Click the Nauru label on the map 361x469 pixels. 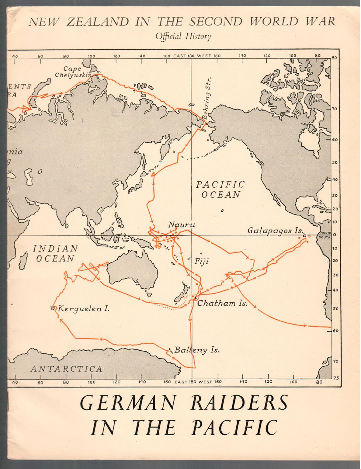point(181,224)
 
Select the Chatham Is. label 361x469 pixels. point(222,303)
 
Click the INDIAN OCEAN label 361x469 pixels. point(55,253)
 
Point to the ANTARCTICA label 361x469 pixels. point(66,369)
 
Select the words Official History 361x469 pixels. point(183,37)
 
